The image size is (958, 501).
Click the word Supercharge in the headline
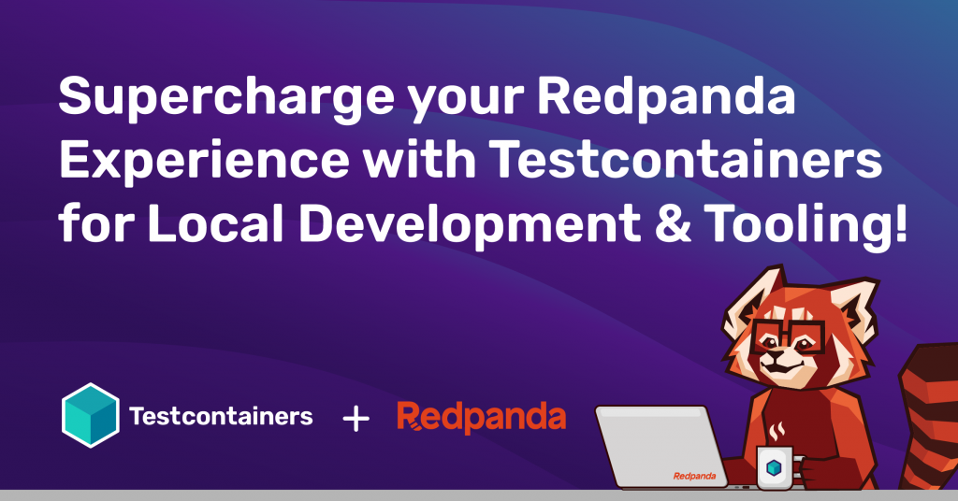pyautogui.click(x=226, y=97)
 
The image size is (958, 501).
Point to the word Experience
pyautogui.click(x=204, y=161)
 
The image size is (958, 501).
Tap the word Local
pyautogui.click(x=215, y=222)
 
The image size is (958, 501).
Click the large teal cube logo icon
pyautogui.click(x=91, y=415)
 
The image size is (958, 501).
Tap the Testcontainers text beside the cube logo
pyautogui.click(x=221, y=416)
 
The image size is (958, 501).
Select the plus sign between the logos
pyautogui.click(x=356, y=420)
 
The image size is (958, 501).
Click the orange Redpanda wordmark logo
pyautogui.click(x=482, y=417)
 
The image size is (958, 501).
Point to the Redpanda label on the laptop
pyautogui.click(x=695, y=476)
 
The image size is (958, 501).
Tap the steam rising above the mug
pyautogui.click(x=777, y=432)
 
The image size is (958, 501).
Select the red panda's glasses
pyautogui.click(x=789, y=338)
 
